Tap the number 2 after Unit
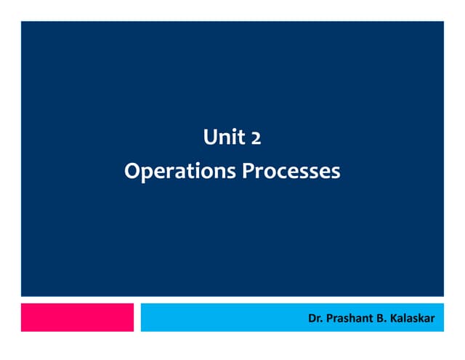click(255, 137)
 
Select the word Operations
click(180, 172)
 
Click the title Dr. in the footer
click(315, 318)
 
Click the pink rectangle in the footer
click(77, 317)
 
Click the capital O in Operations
click(132, 172)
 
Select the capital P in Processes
click(247, 172)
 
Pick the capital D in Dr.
click(312, 318)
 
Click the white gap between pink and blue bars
click(137, 317)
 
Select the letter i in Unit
click(232, 136)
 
